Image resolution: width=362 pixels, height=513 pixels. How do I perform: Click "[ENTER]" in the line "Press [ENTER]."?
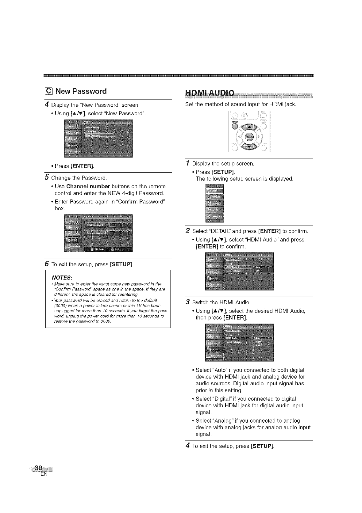point(82,166)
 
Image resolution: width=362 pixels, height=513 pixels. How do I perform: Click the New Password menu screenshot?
point(98,139)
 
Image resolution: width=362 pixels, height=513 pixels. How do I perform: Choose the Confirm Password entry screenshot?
point(98,233)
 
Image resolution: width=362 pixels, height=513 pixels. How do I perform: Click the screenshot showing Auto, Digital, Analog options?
point(239,343)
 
